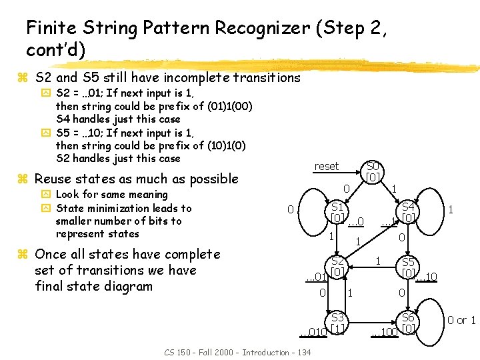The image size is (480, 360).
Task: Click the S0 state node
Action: tap(373, 171)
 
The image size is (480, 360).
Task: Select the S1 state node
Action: tap(338, 213)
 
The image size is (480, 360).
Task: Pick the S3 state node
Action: tap(338, 323)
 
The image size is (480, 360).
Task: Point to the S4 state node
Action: tap(409, 213)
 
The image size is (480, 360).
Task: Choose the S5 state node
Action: tap(409, 268)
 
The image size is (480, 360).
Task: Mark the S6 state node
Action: tap(409, 323)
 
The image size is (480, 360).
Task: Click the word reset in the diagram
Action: tap(327, 166)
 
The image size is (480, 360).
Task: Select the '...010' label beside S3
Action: tap(313, 331)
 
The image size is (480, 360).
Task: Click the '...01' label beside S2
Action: tap(315, 277)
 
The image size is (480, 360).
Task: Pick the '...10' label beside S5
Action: tap(427, 277)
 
